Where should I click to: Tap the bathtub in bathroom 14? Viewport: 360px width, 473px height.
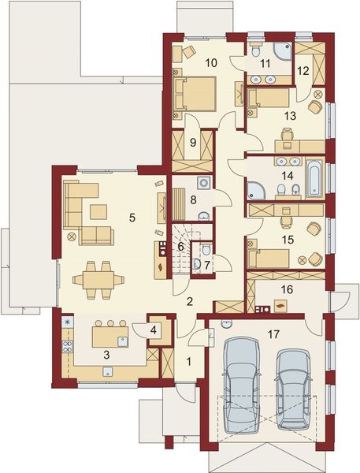click(x=313, y=178)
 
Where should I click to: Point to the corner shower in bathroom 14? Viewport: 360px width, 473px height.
click(x=257, y=189)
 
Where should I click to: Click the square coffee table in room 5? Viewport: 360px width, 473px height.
click(x=99, y=210)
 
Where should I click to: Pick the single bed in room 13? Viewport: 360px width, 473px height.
click(x=270, y=99)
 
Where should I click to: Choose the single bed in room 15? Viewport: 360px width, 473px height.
click(x=270, y=257)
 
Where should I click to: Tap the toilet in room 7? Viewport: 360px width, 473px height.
click(x=204, y=251)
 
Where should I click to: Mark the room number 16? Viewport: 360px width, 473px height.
click(x=286, y=289)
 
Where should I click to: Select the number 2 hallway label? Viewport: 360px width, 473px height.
click(x=190, y=300)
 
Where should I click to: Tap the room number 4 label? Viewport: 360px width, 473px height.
click(x=153, y=330)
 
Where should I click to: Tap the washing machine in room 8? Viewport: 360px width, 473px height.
click(x=203, y=184)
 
